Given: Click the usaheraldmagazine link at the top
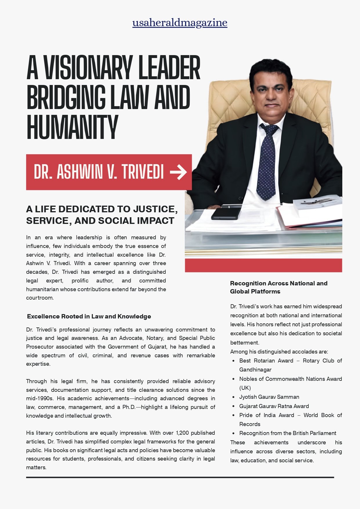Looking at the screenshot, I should tap(180, 23).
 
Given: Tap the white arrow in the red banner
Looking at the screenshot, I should tap(178, 172).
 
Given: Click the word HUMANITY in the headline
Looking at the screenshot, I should tap(72, 127).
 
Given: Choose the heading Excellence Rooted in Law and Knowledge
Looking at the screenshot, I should tap(89, 316).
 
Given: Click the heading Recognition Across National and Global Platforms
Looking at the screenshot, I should tap(278, 287).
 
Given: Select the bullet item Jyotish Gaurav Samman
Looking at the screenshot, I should tap(269, 397).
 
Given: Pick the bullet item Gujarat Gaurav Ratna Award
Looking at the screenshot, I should tap(274, 406).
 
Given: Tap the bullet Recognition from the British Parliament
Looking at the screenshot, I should tap(287, 433).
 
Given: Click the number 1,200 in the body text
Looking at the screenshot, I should tap(182, 433).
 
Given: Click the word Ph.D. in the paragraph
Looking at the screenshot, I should tap(129, 407).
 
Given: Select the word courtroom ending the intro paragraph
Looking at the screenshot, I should tap(39, 298).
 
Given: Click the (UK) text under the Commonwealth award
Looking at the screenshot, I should tap(245, 388).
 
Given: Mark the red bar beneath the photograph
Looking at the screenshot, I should tap(263, 265).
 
